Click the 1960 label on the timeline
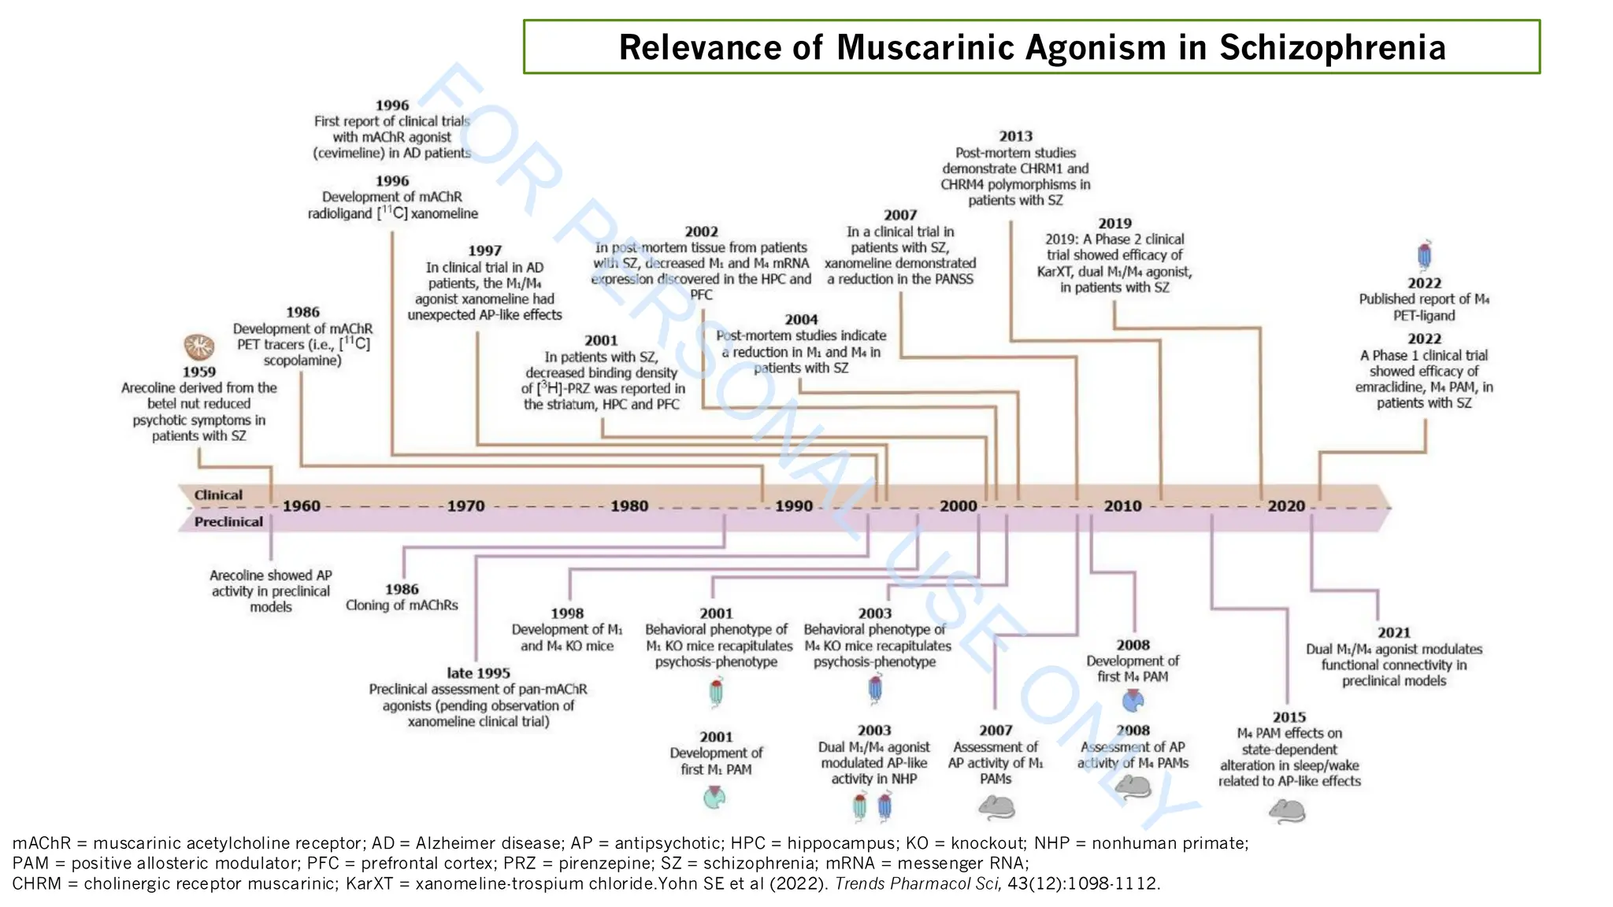pyautogui.click(x=302, y=505)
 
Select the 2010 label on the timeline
pyautogui.click(x=1122, y=505)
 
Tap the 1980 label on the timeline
pyautogui.click(x=629, y=505)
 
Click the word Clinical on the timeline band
pyautogui.click(x=218, y=495)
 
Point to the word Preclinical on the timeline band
pyautogui.click(x=228, y=522)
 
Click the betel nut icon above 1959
pyautogui.click(x=199, y=346)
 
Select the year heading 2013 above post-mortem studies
pyautogui.click(x=1015, y=136)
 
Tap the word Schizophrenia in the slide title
pyautogui.click(x=1333, y=47)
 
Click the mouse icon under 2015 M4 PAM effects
pyautogui.click(x=1287, y=810)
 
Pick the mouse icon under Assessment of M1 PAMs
pyautogui.click(x=996, y=806)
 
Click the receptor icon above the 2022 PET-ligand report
pyautogui.click(x=1424, y=256)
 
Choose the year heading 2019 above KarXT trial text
pyautogui.click(x=1114, y=224)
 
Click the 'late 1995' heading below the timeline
pyautogui.click(x=478, y=673)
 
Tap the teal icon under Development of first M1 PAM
pyautogui.click(x=714, y=798)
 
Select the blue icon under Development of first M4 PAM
pyautogui.click(x=1133, y=700)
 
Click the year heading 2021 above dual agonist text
pyautogui.click(x=1393, y=632)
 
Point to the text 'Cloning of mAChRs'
pyautogui.click(x=402, y=605)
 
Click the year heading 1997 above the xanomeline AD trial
pyautogui.click(x=484, y=250)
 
